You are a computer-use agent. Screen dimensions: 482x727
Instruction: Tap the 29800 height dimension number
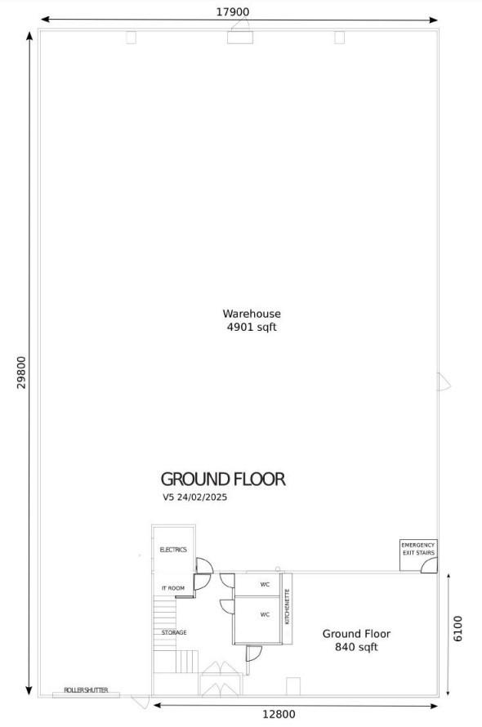22,372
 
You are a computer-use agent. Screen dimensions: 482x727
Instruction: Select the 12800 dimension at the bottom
279,715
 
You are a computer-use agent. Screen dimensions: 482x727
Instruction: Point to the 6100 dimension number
457,629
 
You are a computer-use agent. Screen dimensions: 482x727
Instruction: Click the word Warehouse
252,314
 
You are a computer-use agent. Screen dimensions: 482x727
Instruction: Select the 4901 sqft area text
252,328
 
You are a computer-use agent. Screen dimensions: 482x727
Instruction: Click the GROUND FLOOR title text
223,479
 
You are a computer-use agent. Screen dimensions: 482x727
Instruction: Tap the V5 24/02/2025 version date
194,497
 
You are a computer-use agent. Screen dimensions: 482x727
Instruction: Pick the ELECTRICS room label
173,550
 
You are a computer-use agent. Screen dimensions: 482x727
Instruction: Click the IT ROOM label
173,588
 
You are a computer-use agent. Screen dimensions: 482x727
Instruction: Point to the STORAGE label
174,632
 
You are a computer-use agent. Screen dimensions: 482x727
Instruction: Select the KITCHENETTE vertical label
288,607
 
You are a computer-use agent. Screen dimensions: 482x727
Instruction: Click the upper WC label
265,585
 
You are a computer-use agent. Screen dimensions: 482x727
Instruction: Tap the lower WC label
265,615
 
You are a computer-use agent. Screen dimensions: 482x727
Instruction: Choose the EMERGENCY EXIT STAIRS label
418,549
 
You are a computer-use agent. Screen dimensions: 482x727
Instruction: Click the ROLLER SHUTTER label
86,690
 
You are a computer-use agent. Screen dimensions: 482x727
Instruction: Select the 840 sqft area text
356,647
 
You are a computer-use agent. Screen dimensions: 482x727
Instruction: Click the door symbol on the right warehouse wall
444,382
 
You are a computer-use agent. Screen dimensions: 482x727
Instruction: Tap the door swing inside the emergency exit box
429,564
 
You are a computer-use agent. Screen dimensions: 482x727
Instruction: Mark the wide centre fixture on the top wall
240,37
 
